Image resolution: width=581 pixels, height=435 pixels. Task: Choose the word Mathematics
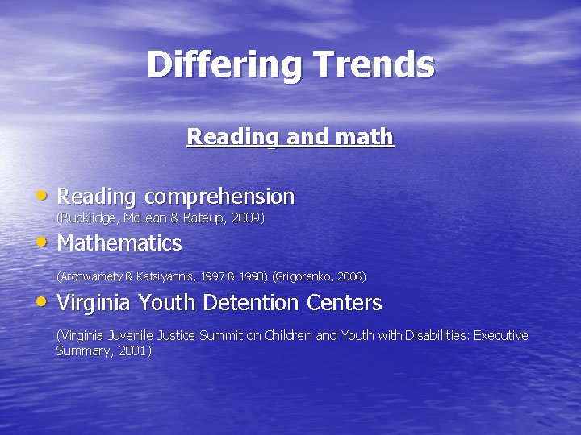click(x=119, y=242)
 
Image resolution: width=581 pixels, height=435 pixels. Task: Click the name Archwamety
click(x=90, y=276)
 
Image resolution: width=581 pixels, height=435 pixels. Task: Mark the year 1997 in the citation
click(x=211, y=276)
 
